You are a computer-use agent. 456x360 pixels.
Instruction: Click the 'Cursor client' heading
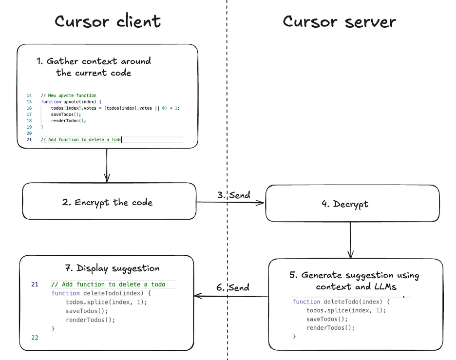tap(108, 21)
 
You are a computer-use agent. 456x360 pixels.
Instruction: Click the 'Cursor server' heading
tap(339, 21)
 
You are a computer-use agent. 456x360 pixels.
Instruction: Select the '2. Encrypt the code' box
tap(109, 201)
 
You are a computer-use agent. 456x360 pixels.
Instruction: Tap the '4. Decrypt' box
tap(352, 203)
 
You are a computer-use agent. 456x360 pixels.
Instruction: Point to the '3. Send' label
tap(233, 195)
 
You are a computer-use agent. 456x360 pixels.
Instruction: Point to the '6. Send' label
tap(233, 287)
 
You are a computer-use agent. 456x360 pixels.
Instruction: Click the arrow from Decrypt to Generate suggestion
tap(350, 240)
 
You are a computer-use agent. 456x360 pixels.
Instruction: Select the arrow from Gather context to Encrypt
tap(107, 166)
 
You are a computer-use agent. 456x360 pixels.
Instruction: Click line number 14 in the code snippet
tap(29, 95)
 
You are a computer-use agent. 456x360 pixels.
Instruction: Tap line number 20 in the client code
tap(29, 133)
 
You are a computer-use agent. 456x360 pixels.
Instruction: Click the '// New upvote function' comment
tap(69, 95)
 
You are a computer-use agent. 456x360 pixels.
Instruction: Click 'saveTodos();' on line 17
tap(66, 114)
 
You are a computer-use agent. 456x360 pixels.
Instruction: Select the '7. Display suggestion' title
tap(112, 268)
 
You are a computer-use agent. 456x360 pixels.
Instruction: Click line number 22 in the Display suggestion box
tap(35, 338)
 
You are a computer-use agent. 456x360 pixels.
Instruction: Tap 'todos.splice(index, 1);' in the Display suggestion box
tap(106, 302)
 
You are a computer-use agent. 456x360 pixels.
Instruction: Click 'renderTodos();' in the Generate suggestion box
tap(330, 328)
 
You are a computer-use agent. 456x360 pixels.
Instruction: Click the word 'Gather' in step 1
tap(62, 61)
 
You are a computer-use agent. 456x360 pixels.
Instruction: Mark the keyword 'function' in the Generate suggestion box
tap(306, 302)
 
